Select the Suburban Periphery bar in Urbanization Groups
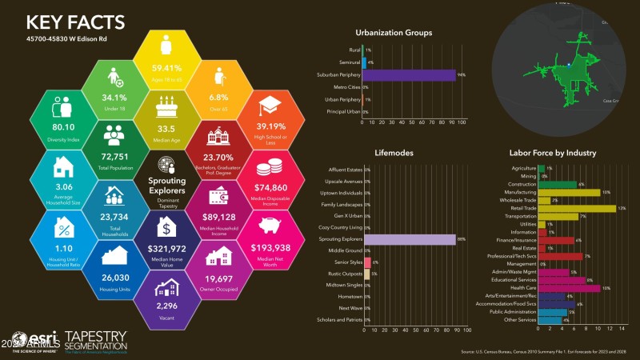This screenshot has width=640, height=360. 409,74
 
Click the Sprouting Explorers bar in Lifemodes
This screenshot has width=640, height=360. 410,238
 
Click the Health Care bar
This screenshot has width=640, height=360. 570,288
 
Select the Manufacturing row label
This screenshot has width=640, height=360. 517,193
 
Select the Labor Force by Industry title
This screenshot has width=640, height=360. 553,152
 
